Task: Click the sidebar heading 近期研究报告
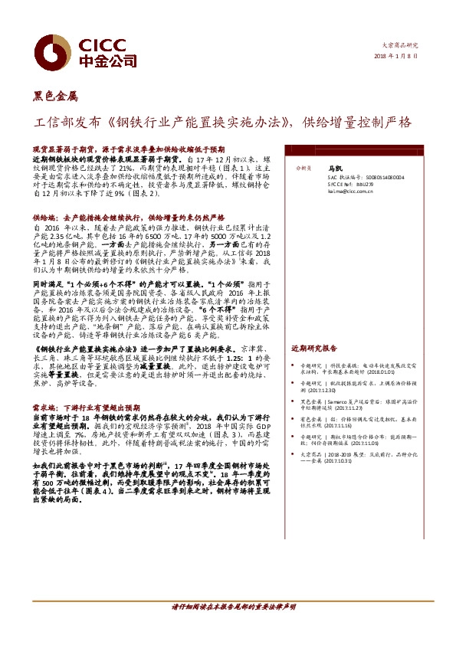click(x=314, y=348)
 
